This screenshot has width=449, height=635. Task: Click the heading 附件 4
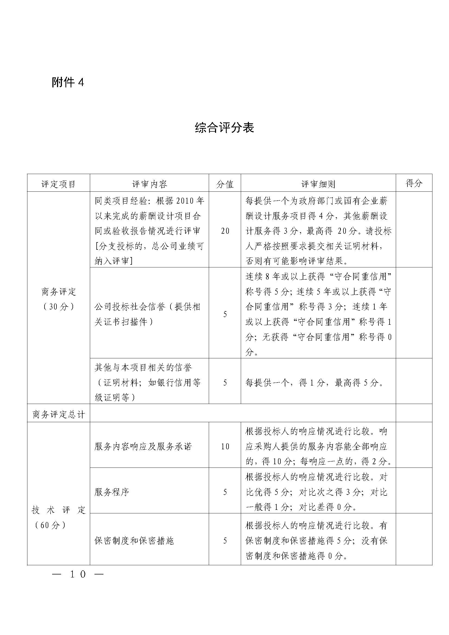[x=68, y=82]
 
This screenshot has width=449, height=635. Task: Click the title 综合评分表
[x=224, y=128]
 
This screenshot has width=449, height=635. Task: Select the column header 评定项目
[x=58, y=184]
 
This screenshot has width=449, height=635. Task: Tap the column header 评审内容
[x=149, y=184]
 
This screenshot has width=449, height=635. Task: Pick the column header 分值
[x=225, y=184]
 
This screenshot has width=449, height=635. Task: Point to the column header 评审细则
[x=318, y=184]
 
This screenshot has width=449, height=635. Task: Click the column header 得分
[x=414, y=183]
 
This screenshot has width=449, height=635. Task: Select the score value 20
[x=225, y=231]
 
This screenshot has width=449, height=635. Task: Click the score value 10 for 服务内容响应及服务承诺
[x=225, y=446]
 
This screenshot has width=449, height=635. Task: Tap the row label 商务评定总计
[x=59, y=415]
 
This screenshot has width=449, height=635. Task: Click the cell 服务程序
[x=112, y=492]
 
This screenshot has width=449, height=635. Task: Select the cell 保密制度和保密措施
[x=134, y=541]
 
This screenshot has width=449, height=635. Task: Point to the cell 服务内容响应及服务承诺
[x=143, y=446]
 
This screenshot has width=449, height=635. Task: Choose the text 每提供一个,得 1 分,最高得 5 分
[x=314, y=383]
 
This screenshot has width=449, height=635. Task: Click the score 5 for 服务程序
[x=225, y=492]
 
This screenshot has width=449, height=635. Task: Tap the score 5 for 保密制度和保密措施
[x=225, y=541]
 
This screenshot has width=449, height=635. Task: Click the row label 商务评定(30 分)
[x=58, y=299]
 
